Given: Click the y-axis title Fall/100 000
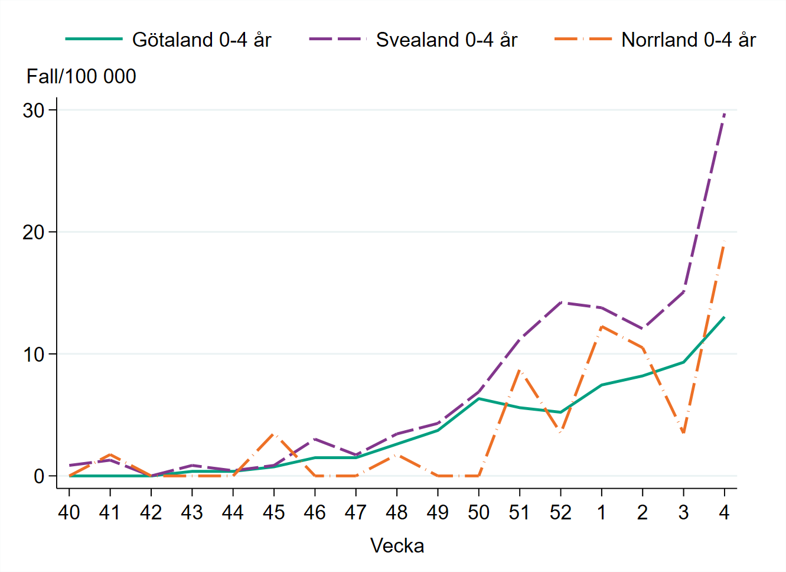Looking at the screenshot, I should point(81,76).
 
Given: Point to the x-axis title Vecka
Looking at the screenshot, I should point(397,545).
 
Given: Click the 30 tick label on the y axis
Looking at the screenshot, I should point(34,110).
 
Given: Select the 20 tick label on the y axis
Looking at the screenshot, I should point(34,232).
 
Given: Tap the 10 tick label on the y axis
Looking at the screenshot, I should point(34,354).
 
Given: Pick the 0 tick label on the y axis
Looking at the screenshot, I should point(40,476).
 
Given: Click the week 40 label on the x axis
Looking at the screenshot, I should point(69,512).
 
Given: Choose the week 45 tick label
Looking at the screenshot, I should point(274,512).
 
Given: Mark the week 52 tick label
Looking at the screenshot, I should point(560,512).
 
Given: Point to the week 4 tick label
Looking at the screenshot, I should point(724,512).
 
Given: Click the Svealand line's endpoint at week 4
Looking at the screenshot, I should point(724,113).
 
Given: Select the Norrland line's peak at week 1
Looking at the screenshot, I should point(601,326).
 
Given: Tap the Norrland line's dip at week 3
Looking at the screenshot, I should point(683,433).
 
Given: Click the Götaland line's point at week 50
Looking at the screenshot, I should point(478,398).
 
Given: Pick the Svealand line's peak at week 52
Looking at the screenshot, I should point(560,302).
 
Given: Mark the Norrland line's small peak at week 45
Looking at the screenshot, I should point(274,434).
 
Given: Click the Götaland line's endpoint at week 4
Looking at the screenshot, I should point(724,317).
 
